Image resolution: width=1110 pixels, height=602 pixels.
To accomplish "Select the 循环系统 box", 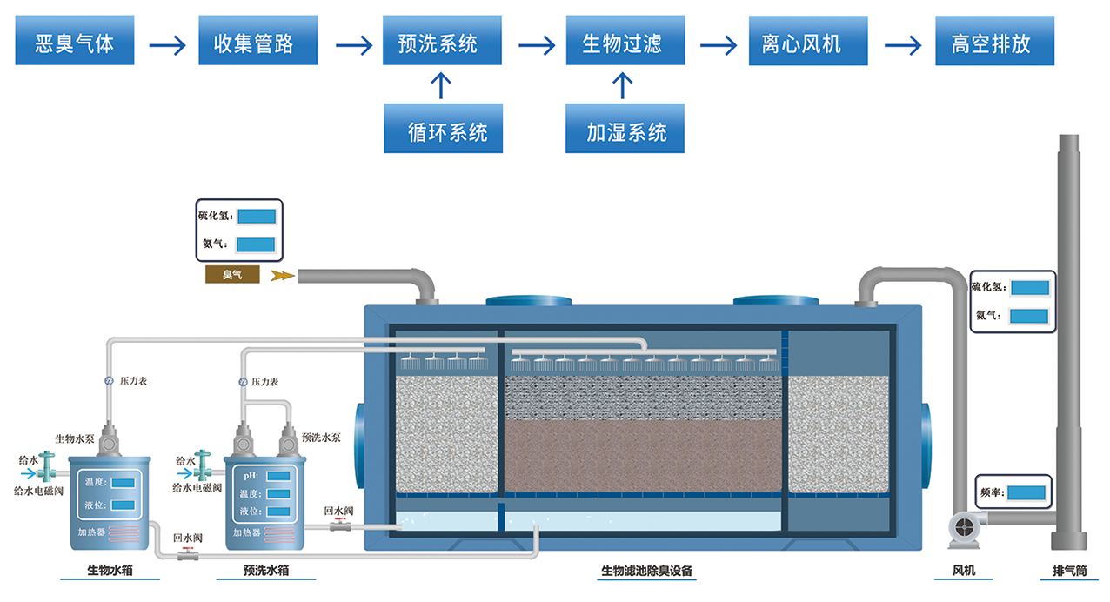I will click(x=443, y=131).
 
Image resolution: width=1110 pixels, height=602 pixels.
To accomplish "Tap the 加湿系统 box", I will click(x=625, y=131).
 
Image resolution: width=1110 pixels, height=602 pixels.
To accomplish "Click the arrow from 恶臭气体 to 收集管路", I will click(x=167, y=43).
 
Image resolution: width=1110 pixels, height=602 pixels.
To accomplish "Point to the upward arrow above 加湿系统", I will click(x=621, y=85).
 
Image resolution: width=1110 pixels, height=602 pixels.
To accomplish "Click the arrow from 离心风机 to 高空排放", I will click(x=902, y=43).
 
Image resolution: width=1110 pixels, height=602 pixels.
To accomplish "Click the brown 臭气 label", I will click(x=231, y=275).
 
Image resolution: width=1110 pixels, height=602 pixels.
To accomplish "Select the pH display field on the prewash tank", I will click(x=278, y=475).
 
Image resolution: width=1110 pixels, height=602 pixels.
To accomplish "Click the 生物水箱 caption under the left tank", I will click(x=110, y=572).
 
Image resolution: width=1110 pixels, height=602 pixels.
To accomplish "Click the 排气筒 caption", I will click(x=1069, y=572).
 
